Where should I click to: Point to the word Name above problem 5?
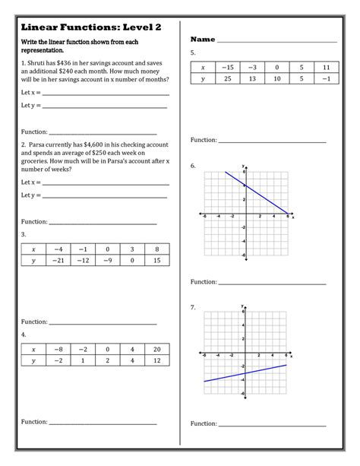pos(203,39)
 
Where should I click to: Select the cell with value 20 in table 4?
pos(155,349)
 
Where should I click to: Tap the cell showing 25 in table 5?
pos(227,78)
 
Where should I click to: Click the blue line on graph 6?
pos(258,194)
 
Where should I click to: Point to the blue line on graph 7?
pos(243,372)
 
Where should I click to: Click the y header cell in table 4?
pos(33,360)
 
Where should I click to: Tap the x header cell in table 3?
pos(33,249)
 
